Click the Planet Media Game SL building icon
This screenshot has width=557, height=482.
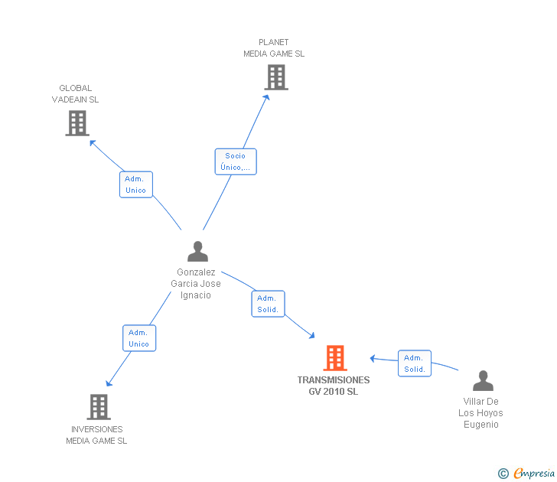pyautogui.click(x=276, y=77)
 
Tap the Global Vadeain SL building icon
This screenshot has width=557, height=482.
pyautogui.click(x=77, y=123)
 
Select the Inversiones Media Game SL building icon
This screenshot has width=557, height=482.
pyautogui.click(x=98, y=406)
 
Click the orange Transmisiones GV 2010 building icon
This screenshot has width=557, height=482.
pyautogui.click(x=334, y=358)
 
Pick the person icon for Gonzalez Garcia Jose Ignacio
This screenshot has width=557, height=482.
pyautogui.click(x=197, y=252)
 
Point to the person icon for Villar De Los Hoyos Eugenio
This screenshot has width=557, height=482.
pyautogui.click(x=483, y=380)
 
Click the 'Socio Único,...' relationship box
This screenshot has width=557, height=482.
pyautogui.click(x=236, y=161)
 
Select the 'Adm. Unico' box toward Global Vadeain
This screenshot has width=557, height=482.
pyautogui.click(x=136, y=184)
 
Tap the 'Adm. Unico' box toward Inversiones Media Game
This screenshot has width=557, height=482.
pyautogui.click(x=139, y=338)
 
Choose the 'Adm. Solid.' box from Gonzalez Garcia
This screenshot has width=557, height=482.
pyautogui.click(x=268, y=304)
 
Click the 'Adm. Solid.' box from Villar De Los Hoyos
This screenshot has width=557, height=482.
pyautogui.click(x=415, y=363)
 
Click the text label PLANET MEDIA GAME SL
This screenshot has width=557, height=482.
pyautogui.click(x=274, y=48)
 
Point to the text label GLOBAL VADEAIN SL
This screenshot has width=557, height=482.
pyautogui.click(x=75, y=94)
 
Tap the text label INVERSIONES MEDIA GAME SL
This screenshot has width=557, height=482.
pyautogui.click(x=96, y=435)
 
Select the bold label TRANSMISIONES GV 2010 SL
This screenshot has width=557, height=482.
pyautogui.click(x=334, y=386)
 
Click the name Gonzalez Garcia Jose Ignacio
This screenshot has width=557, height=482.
pyautogui.click(x=198, y=283)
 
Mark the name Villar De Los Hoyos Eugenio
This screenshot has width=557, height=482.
pyautogui.click(x=480, y=412)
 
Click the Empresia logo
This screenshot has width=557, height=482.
pyautogui.click(x=534, y=474)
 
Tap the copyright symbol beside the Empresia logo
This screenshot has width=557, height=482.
pyautogui.click(x=503, y=474)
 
